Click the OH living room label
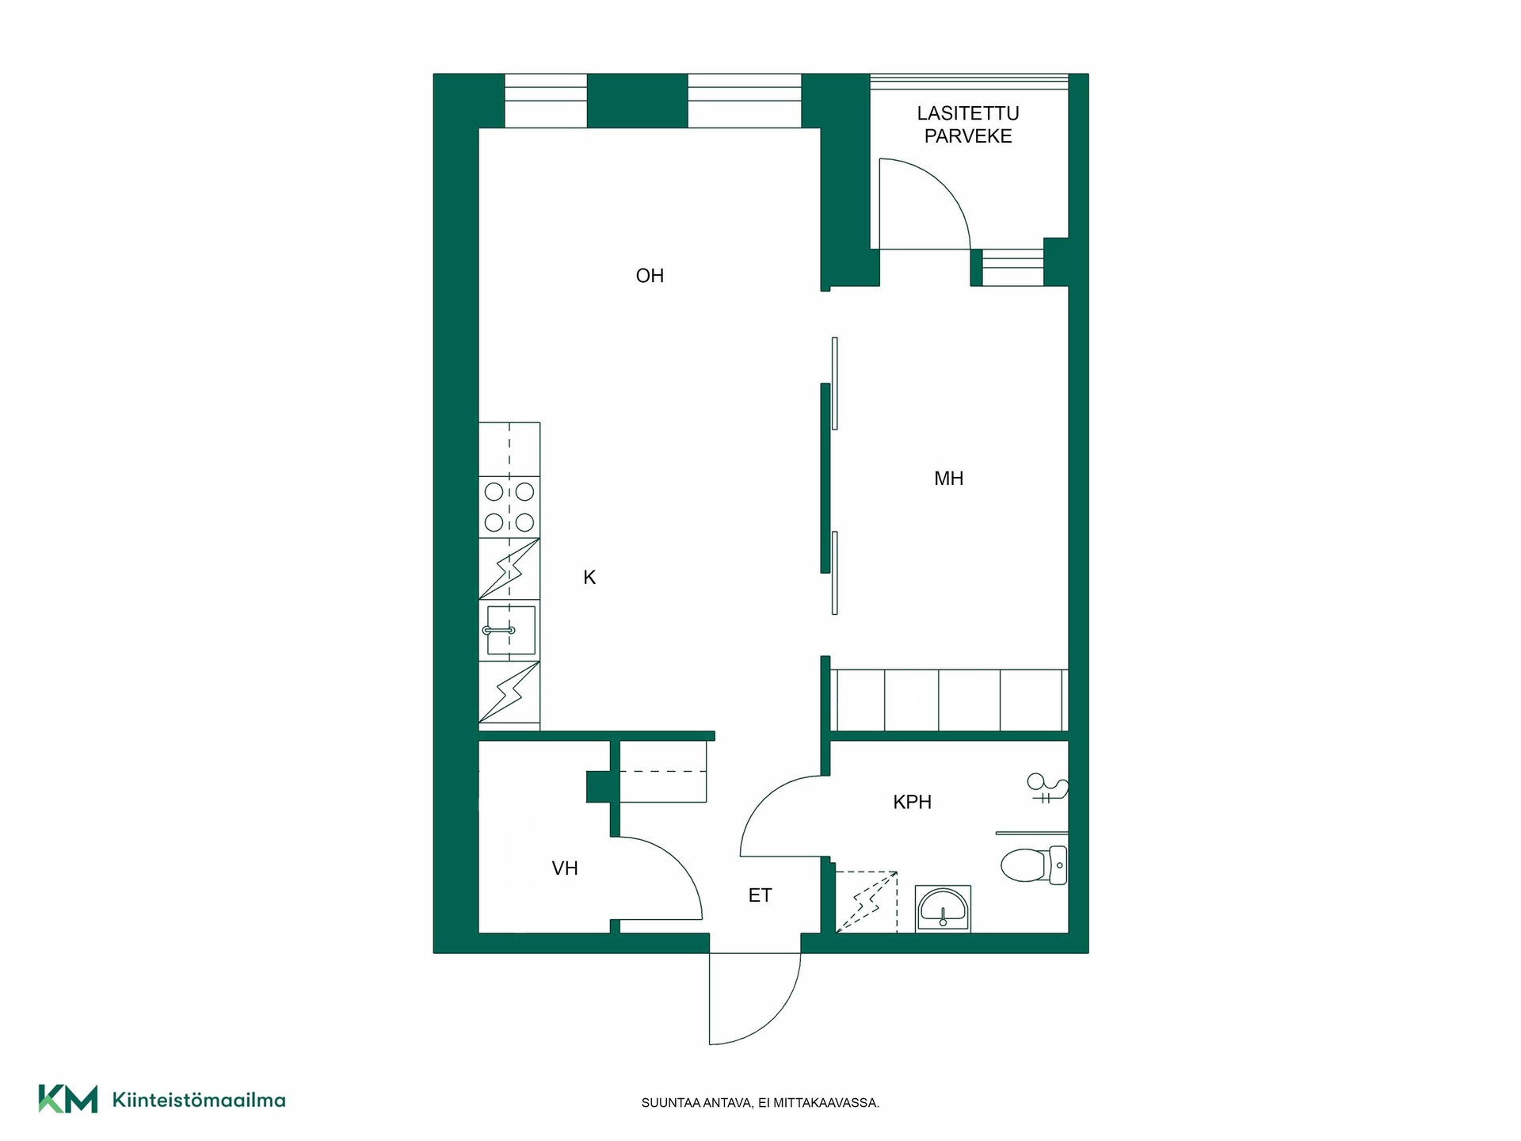click(650, 276)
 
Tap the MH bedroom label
click(948, 479)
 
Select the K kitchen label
click(589, 578)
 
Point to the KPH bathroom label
click(912, 802)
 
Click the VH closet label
click(565, 868)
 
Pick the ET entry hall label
click(760, 895)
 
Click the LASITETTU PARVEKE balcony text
click(968, 125)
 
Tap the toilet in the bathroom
click(1034, 865)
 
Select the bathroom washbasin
click(943, 909)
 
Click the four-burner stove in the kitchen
click(509, 507)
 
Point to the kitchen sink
click(509, 632)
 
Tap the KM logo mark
click(68, 1099)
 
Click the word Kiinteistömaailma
click(199, 1100)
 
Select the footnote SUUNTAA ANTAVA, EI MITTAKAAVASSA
click(760, 1103)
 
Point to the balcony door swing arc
click(943, 187)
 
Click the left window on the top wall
click(546, 101)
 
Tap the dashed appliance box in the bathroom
click(867, 902)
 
